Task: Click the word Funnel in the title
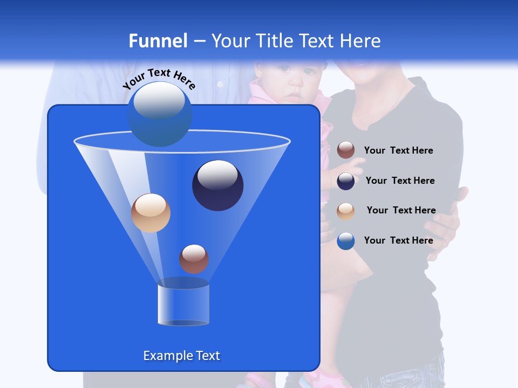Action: coord(158,41)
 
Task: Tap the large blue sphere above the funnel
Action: coord(160,114)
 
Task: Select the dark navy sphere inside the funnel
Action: coord(218,185)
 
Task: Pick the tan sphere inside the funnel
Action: coord(151,213)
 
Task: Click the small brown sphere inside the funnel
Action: coord(194,259)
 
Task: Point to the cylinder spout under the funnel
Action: coord(183,304)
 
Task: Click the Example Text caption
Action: coord(181,356)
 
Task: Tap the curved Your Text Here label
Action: coord(159,78)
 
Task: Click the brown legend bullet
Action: coord(346,150)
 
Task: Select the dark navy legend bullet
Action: coord(346,181)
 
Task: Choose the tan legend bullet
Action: coord(346,211)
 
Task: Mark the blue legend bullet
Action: coord(346,241)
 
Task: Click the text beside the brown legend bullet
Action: coord(398,150)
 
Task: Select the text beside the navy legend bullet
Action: coord(400,181)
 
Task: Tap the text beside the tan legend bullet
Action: coord(401,210)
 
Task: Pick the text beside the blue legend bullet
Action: coord(398,240)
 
